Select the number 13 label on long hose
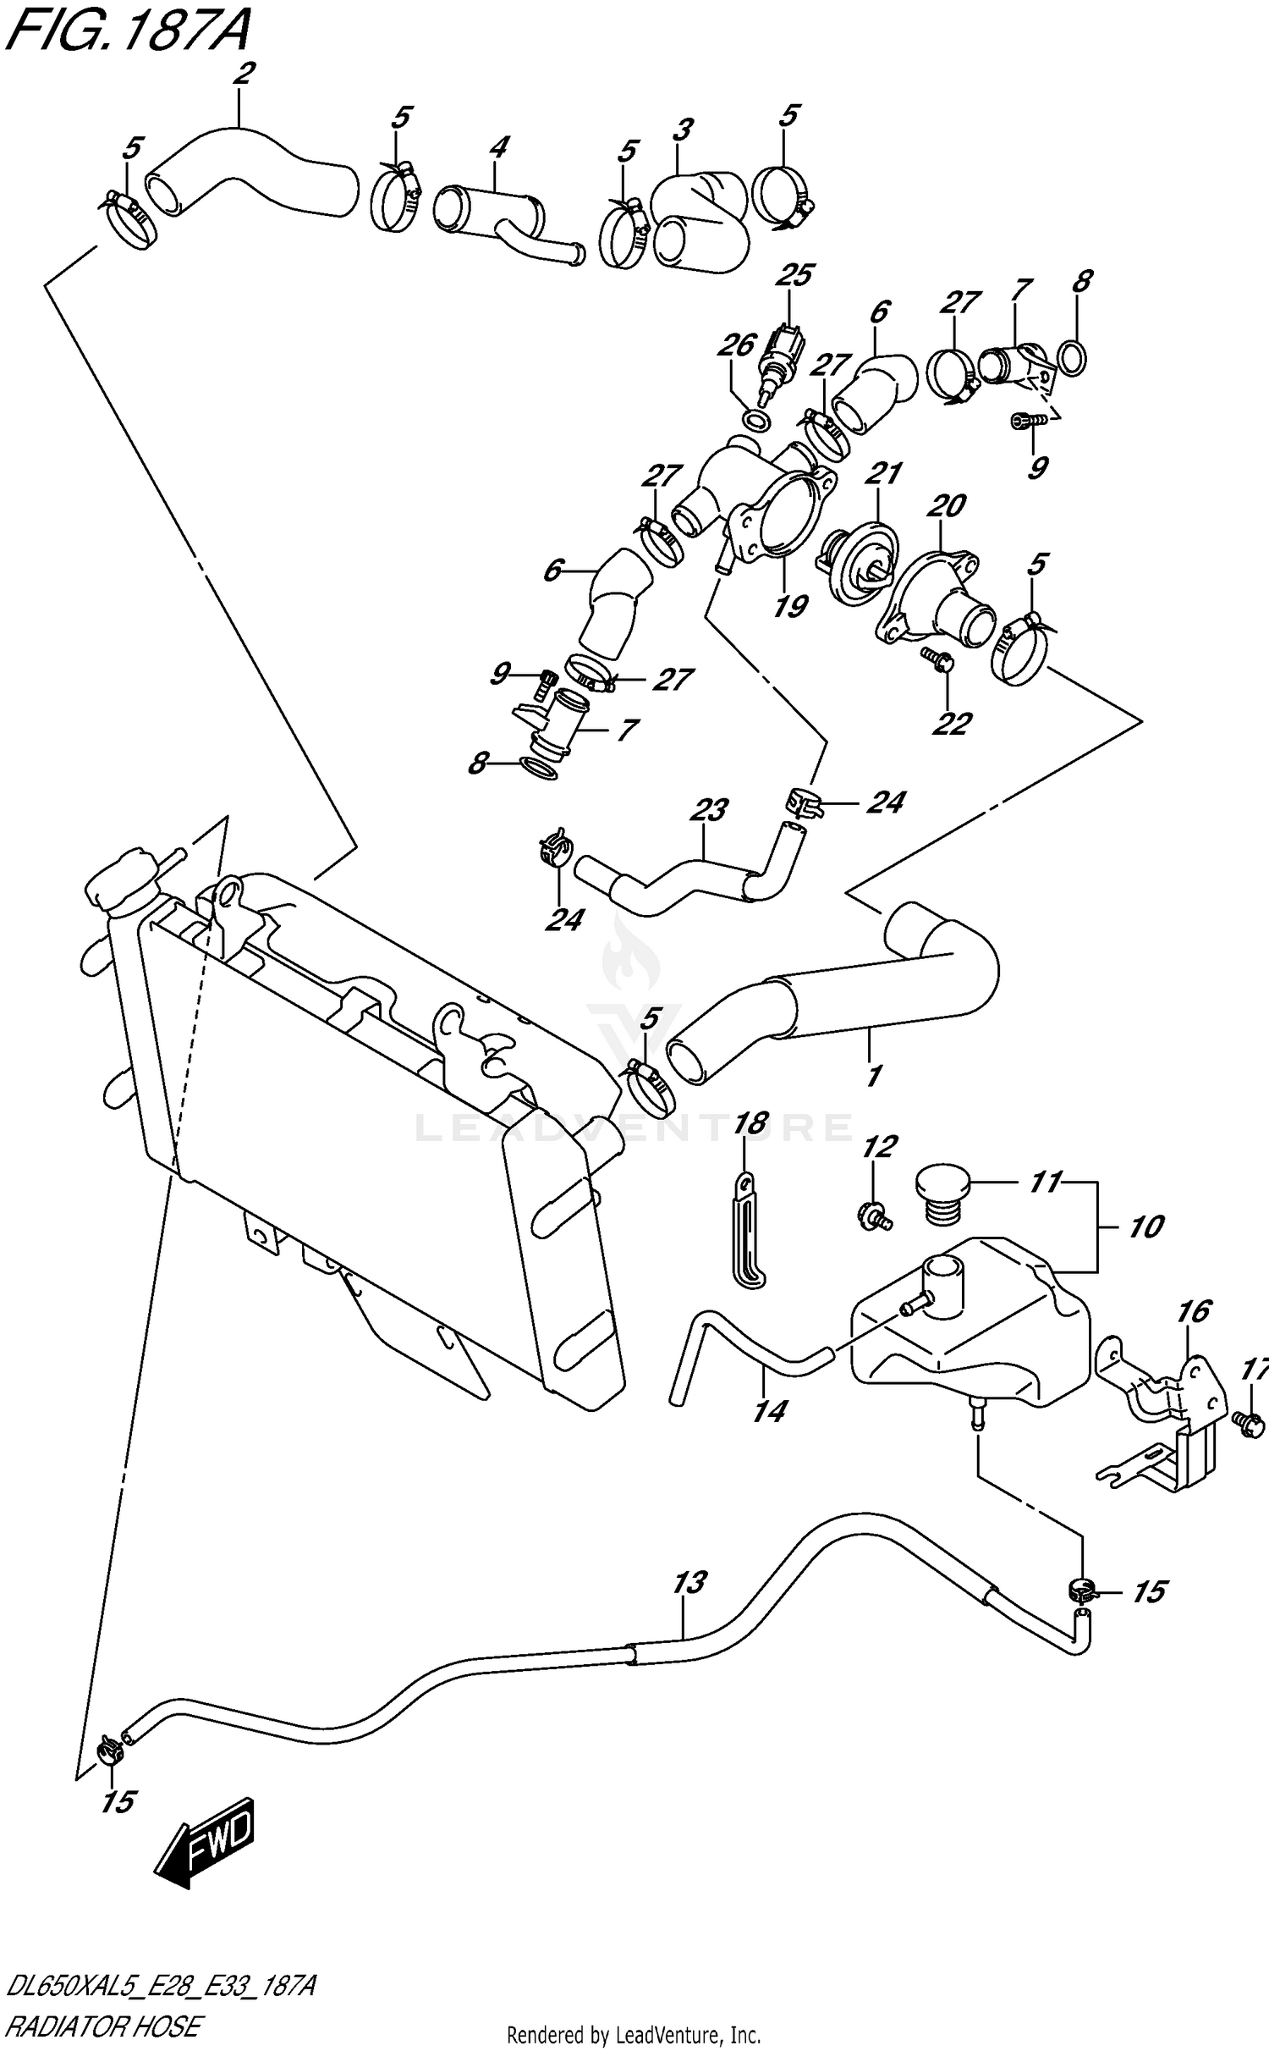[x=690, y=1582]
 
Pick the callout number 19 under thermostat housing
[x=790, y=605]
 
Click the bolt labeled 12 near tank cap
[x=873, y=1217]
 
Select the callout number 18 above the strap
[x=750, y=1123]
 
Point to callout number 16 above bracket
[x=1194, y=1311]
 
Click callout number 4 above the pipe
[x=498, y=148]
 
